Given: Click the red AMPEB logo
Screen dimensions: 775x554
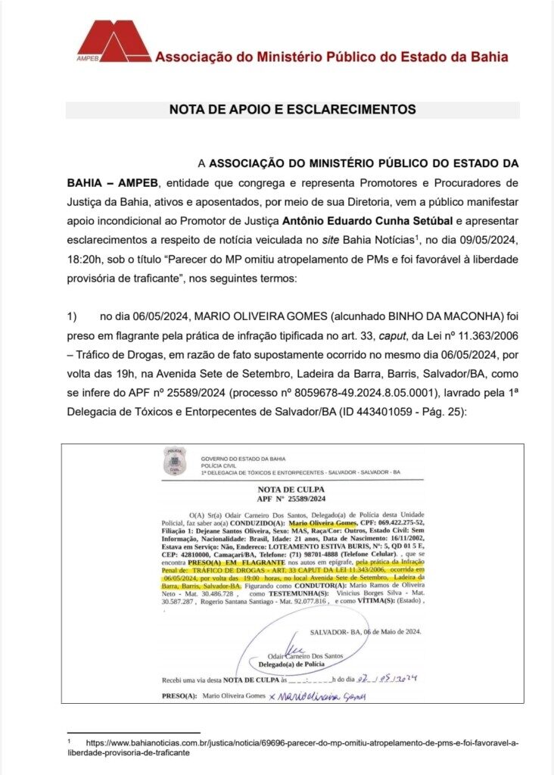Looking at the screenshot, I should [x=114, y=41].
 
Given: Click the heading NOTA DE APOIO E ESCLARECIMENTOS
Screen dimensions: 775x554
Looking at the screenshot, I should [x=292, y=110].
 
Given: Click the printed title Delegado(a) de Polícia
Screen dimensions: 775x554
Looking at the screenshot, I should [x=291, y=664].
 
